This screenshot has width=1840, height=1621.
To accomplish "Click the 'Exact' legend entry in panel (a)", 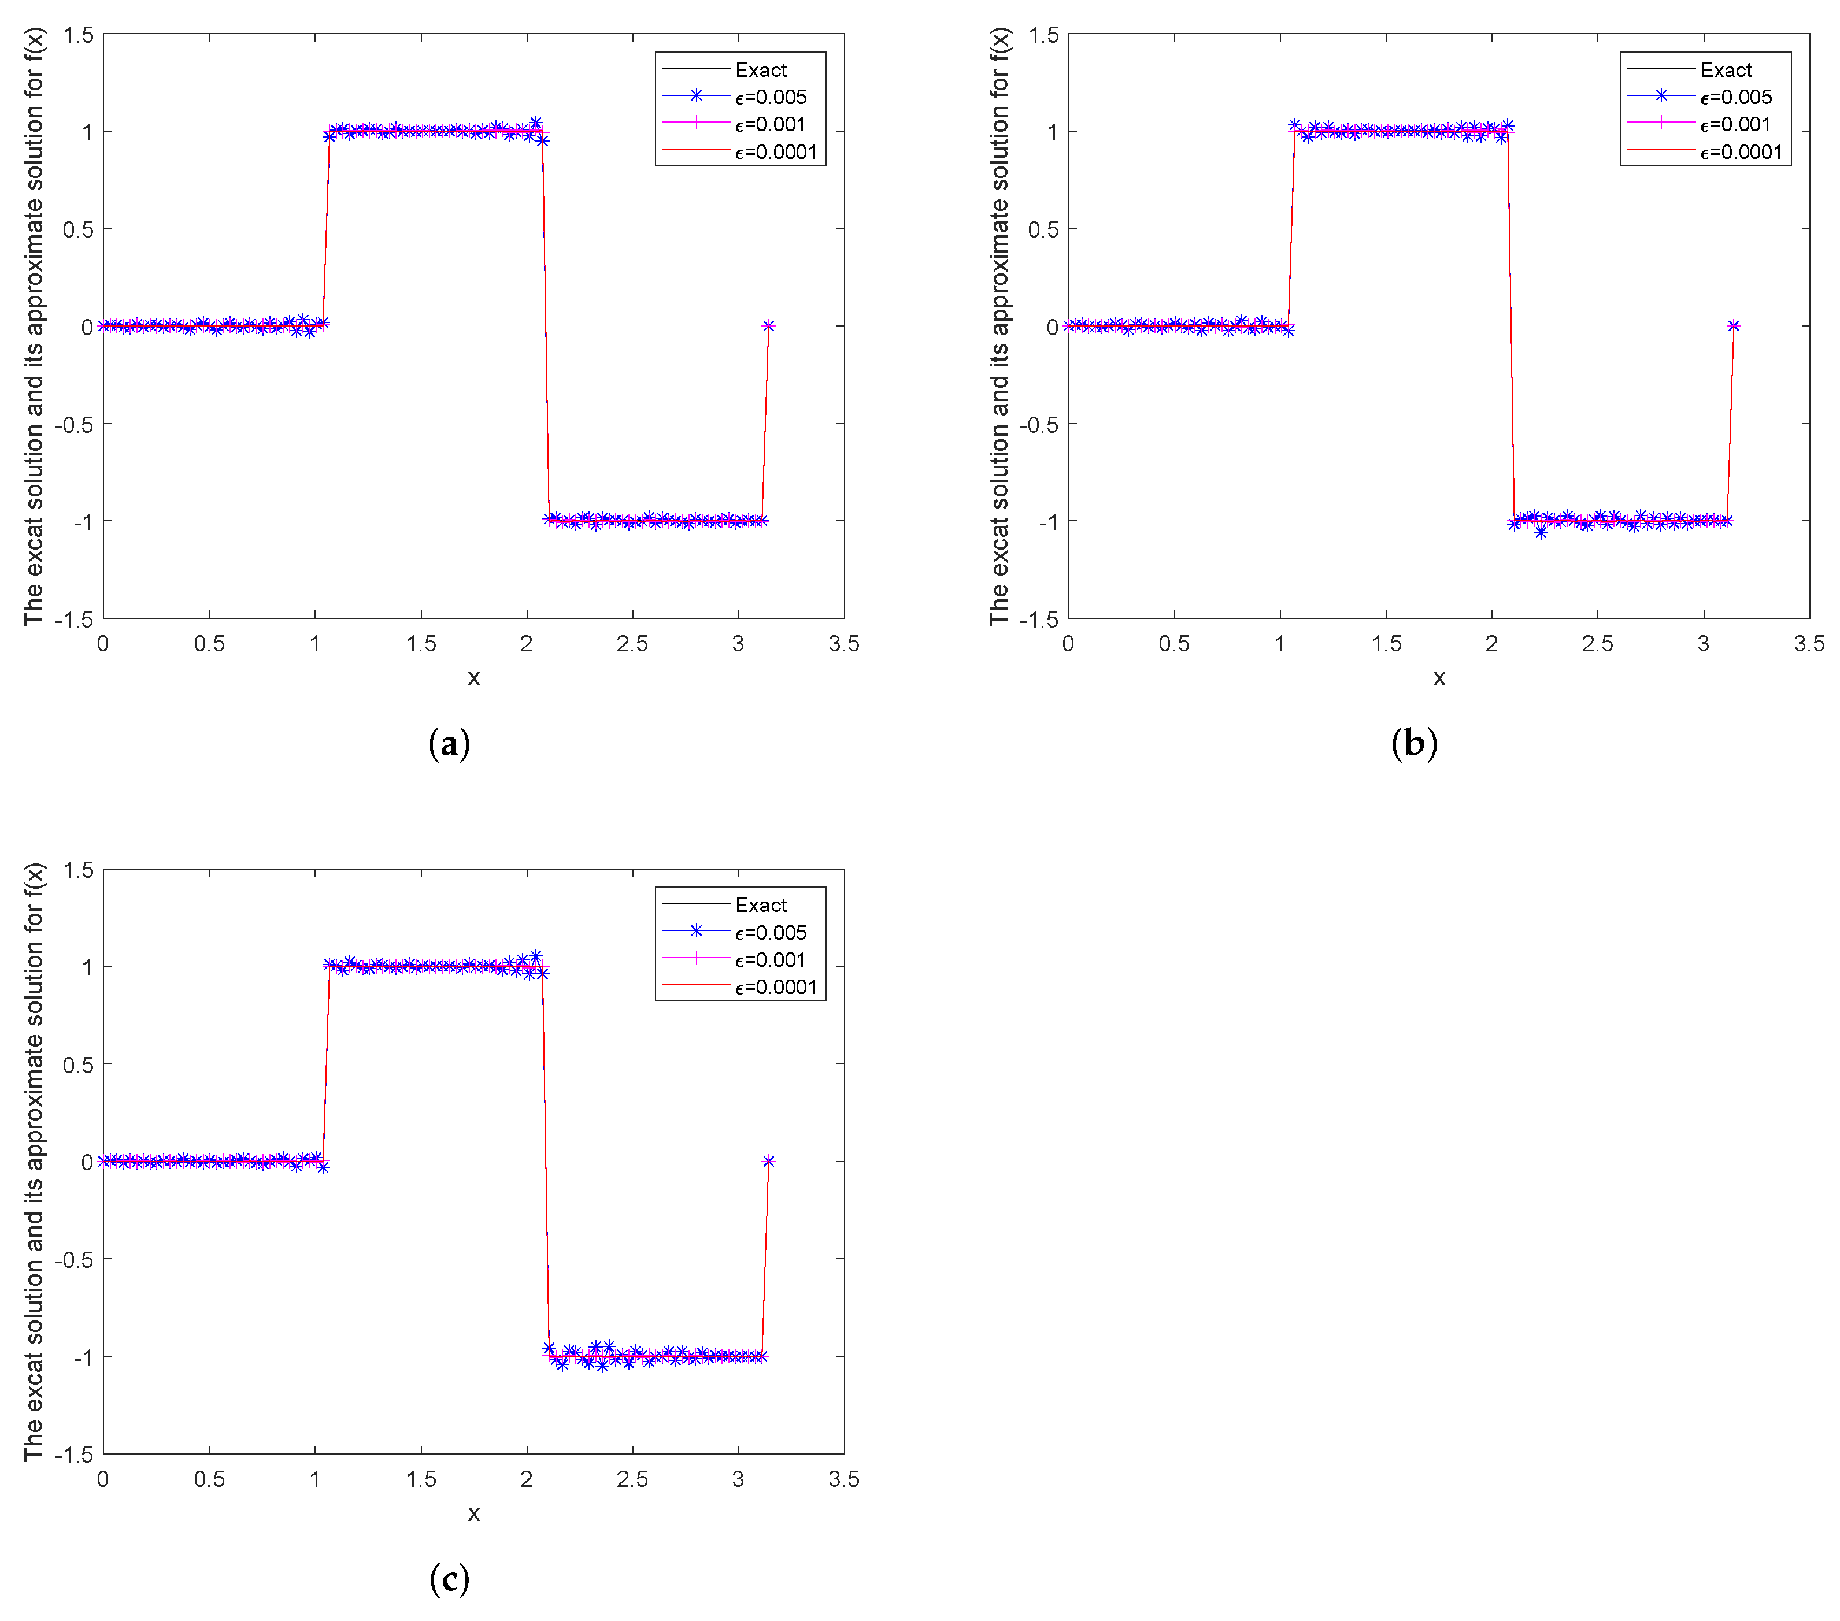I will tap(760, 70).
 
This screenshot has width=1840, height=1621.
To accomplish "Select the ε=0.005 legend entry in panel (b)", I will tap(1735, 97).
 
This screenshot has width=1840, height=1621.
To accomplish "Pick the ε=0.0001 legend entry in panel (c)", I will tap(775, 988).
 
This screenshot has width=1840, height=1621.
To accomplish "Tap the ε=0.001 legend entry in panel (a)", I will tap(769, 124).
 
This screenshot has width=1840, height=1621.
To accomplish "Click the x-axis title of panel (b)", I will tap(1438, 678).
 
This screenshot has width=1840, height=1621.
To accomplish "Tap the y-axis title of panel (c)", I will tap(34, 1161).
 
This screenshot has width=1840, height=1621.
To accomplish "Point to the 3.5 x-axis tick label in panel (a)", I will tap(843, 644).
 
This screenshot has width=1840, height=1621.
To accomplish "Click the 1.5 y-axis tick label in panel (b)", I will tap(1043, 35).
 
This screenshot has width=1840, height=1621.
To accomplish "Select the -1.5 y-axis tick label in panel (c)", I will tap(74, 1453).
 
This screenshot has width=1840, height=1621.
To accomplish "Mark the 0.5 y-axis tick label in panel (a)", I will tap(77, 229).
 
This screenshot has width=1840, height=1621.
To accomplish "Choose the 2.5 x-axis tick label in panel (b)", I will tap(1597, 644).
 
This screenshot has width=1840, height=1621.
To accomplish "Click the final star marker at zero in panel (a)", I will tap(768, 326).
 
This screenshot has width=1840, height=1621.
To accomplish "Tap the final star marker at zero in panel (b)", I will tap(1733, 326).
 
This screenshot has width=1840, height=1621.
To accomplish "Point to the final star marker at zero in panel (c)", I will tap(768, 1161).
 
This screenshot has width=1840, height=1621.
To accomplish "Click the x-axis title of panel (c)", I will tap(473, 1513).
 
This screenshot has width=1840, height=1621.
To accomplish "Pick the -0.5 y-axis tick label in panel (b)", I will tap(1039, 424).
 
